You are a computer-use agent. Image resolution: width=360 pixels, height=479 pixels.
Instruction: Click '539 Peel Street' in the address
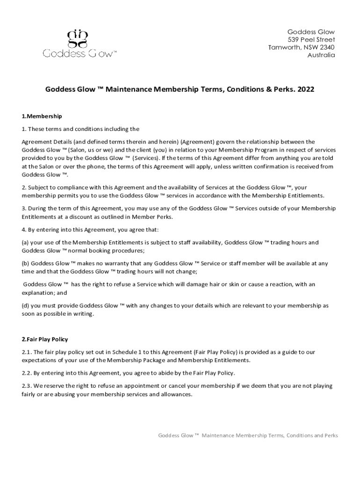click(311, 39)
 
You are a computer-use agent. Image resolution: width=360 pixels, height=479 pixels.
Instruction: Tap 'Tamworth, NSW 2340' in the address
click(302, 47)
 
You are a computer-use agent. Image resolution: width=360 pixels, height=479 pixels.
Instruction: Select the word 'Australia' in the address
click(321, 55)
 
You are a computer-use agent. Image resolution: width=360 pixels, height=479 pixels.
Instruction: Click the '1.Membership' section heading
click(42, 116)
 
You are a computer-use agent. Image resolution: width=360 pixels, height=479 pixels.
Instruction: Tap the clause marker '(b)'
click(26, 263)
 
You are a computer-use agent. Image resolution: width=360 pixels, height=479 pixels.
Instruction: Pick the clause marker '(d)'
click(26, 305)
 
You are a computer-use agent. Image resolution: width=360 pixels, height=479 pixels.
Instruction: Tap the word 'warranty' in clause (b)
click(108, 263)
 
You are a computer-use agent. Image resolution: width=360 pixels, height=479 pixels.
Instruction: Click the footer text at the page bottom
click(248, 435)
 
